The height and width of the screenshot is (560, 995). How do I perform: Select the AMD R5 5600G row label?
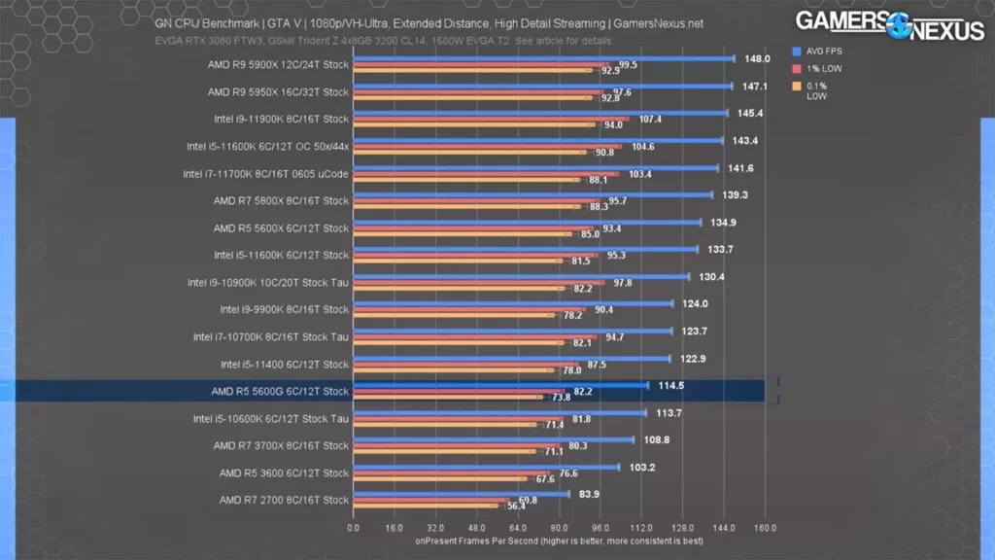coord(279,392)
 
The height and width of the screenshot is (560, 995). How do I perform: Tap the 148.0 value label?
coord(758,59)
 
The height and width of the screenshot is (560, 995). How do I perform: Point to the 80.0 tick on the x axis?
coord(559,528)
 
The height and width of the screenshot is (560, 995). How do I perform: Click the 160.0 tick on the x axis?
coord(765,528)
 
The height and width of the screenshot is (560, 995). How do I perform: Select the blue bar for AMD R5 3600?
coord(486,467)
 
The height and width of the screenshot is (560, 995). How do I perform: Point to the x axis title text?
coord(559,541)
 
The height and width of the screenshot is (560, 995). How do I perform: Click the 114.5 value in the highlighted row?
coord(670,385)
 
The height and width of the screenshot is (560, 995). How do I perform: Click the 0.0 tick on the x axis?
coord(353,528)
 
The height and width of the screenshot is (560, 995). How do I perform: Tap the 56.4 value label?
coord(516,506)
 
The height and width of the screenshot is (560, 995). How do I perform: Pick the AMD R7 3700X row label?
coord(280,446)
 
